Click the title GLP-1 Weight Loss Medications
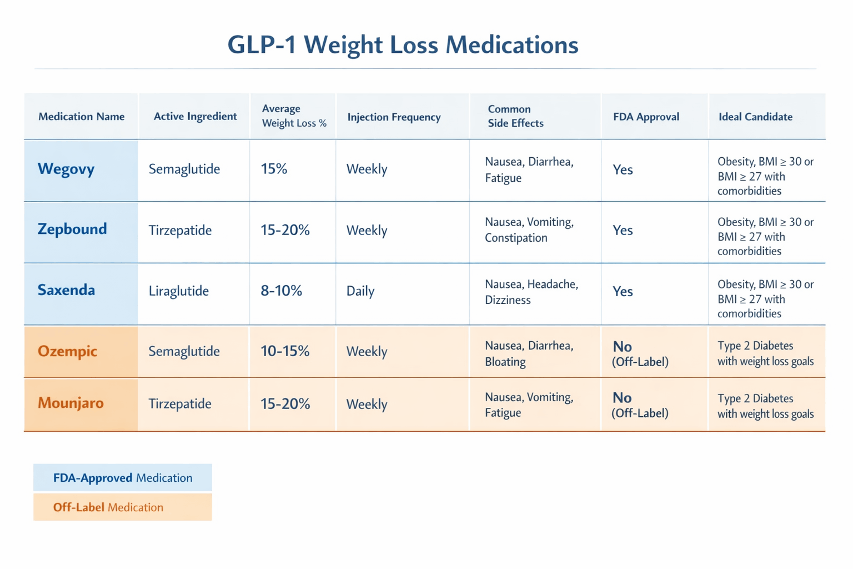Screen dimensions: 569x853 tap(403, 44)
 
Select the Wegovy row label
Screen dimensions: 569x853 tap(66, 169)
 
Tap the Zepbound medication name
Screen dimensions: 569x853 tap(72, 229)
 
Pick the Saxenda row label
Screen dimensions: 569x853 tap(66, 290)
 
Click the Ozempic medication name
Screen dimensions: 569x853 tap(67, 351)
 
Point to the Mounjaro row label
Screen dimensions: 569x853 tap(71, 403)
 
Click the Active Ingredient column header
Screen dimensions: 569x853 tap(195, 117)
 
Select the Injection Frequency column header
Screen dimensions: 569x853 tap(394, 117)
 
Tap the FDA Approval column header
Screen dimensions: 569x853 tap(646, 117)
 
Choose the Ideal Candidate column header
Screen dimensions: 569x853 tap(755, 117)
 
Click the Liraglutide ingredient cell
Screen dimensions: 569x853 tap(179, 291)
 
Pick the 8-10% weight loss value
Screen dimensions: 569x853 tap(282, 291)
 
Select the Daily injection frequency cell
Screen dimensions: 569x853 tap(360, 291)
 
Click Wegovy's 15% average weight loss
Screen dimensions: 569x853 tap(274, 169)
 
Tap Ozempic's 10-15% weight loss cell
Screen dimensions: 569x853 tap(285, 351)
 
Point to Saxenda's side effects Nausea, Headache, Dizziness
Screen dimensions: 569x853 tap(531, 292)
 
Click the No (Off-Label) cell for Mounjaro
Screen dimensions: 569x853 tap(640, 405)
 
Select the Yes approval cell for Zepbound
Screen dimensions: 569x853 tap(623, 231)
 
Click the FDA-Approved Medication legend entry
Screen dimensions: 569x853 tap(123, 478)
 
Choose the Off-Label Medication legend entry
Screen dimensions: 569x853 tap(108, 507)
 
